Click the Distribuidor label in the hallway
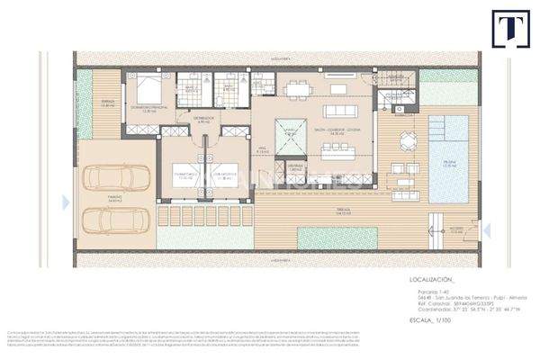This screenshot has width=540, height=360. point(203,118)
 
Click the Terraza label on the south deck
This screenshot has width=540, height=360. point(317,209)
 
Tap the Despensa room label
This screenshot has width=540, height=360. point(295,167)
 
